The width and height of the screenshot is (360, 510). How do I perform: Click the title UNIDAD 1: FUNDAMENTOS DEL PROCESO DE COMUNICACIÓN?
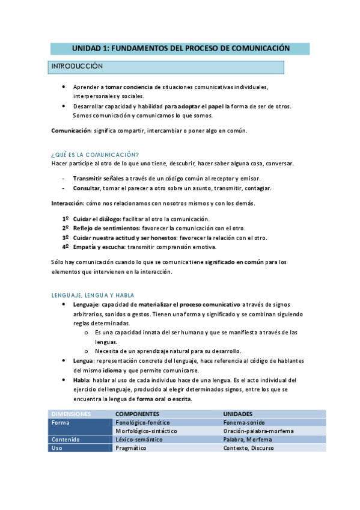pyautogui.click(x=180, y=48)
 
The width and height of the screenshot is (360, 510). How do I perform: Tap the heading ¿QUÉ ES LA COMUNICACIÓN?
pyautogui.click(x=95, y=155)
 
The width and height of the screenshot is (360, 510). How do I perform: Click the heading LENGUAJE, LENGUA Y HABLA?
pyautogui.click(x=93, y=295)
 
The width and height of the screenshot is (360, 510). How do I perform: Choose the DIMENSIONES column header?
pyautogui.click(x=71, y=414)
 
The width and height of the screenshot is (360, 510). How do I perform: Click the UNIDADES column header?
pyautogui.click(x=237, y=414)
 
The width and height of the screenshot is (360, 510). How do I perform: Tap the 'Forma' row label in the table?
pyautogui.click(x=61, y=423)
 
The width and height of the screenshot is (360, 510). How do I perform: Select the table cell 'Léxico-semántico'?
pyautogui.click(x=139, y=440)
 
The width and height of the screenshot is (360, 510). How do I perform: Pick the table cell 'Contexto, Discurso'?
pyautogui.click(x=249, y=448)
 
